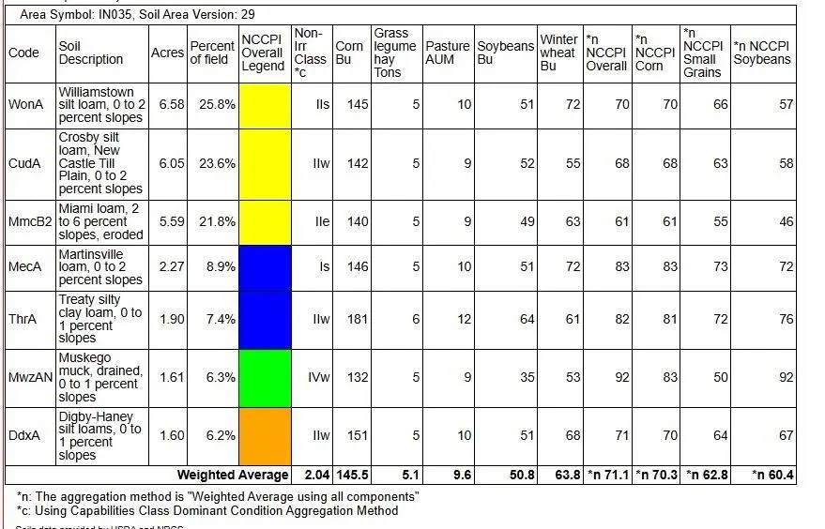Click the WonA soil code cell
(25, 105)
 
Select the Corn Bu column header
(350, 53)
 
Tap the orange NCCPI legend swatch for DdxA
(265, 436)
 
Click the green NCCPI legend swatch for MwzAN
(265, 378)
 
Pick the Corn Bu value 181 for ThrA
(356, 320)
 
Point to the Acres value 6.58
(172, 105)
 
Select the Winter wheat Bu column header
(558, 53)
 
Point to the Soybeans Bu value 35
(526, 378)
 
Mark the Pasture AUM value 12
(463, 320)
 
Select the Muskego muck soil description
(100, 378)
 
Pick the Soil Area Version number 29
(247, 15)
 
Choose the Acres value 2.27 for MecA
(172, 267)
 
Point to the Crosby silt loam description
(100, 163)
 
